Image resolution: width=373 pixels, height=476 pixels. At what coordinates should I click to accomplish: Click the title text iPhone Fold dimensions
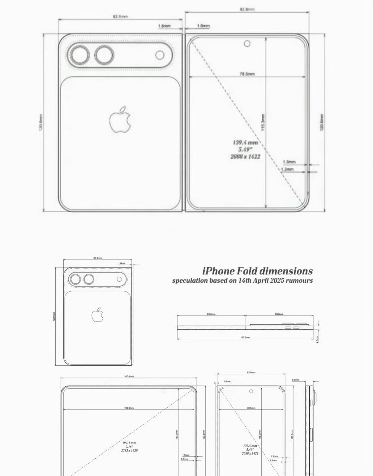tap(257, 271)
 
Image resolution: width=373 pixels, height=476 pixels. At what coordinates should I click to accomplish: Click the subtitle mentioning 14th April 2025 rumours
tap(242, 280)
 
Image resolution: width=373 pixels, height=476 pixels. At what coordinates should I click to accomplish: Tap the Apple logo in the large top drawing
tap(120, 120)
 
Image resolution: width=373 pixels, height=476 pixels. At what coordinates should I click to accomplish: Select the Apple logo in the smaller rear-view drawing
tap(97, 315)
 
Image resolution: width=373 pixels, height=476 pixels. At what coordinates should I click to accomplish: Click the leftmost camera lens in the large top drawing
tap(79, 55)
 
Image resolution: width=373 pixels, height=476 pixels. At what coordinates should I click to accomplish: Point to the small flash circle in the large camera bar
tap(160, 55)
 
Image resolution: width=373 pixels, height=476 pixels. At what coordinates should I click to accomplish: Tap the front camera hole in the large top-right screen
tap(247, 43)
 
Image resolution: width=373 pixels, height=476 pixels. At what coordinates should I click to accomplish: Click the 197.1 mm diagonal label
tap(129, 443)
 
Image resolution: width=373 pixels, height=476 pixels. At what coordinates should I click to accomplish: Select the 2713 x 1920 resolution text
tap(129, 450)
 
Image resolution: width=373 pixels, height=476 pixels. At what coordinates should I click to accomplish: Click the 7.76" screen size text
tap(129, 447)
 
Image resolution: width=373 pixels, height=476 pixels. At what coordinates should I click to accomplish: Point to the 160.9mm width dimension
tap(129, 408)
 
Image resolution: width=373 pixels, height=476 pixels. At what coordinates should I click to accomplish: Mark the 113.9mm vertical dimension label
tap(177, 434)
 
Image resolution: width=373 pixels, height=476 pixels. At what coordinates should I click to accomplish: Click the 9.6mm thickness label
tap(295, 380)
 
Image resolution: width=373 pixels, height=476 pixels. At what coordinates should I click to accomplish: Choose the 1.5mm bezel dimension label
tap(186, 455)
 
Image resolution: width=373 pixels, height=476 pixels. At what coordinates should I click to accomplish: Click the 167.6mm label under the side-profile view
tap(245, 337)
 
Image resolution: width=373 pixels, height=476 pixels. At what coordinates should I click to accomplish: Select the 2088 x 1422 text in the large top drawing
tap(245, 156)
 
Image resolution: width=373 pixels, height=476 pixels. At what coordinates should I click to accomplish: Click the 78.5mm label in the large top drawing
tap(247, 74)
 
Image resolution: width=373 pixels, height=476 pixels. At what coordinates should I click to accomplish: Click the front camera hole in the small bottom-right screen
tap(251, 391)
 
